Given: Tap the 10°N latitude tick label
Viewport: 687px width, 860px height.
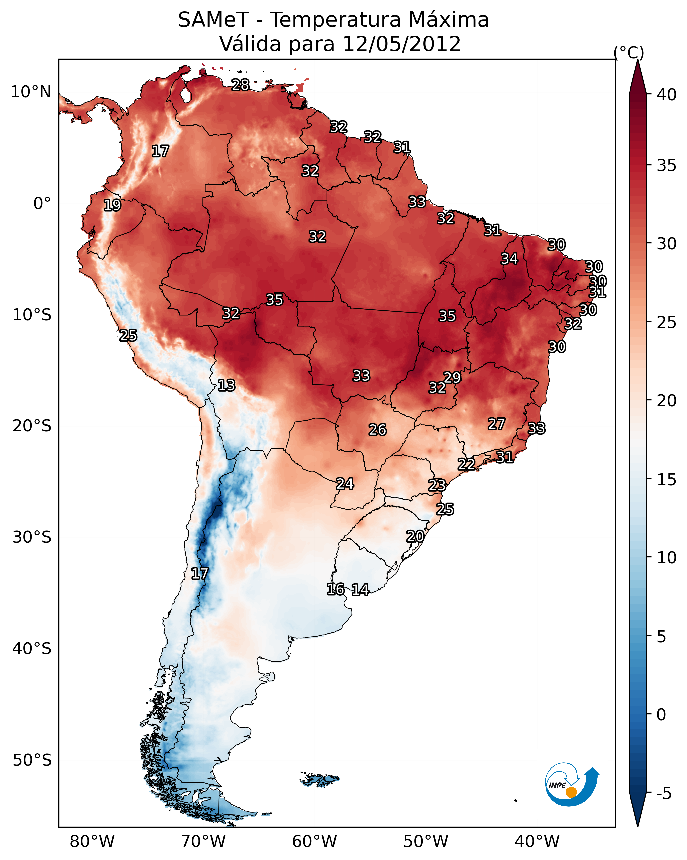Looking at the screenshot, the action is (31, 92).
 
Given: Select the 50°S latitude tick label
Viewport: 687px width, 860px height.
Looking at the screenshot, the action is (32, 760).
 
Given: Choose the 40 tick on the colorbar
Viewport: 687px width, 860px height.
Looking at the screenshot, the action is (667, 95).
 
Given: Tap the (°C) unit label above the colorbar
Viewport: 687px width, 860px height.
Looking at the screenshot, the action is (629, 53).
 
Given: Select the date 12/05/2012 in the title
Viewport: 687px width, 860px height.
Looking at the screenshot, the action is (401, 44).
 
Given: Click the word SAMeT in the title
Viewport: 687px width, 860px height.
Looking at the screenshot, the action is (213, 20).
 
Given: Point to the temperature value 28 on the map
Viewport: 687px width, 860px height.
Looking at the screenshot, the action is (240, 85).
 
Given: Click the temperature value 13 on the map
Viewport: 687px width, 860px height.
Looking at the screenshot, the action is (226, 385).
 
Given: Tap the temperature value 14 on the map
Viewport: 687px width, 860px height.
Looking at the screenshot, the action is (360, 590).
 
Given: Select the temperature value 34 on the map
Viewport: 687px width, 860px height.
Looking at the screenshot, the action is (509, 259).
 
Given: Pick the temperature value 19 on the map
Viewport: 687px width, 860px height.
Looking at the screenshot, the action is (112, 205).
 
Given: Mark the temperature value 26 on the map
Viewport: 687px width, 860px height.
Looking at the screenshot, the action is (377, 430).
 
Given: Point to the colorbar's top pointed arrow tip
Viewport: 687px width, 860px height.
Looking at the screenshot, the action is (638, 60).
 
